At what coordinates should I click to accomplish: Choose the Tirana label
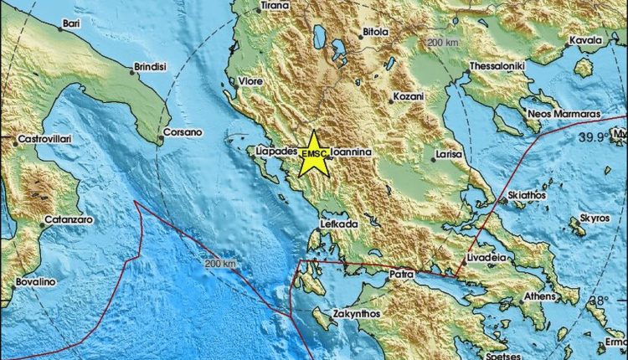[274, 6]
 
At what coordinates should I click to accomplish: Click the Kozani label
[408, 98]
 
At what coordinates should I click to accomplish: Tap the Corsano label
[183, 132]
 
